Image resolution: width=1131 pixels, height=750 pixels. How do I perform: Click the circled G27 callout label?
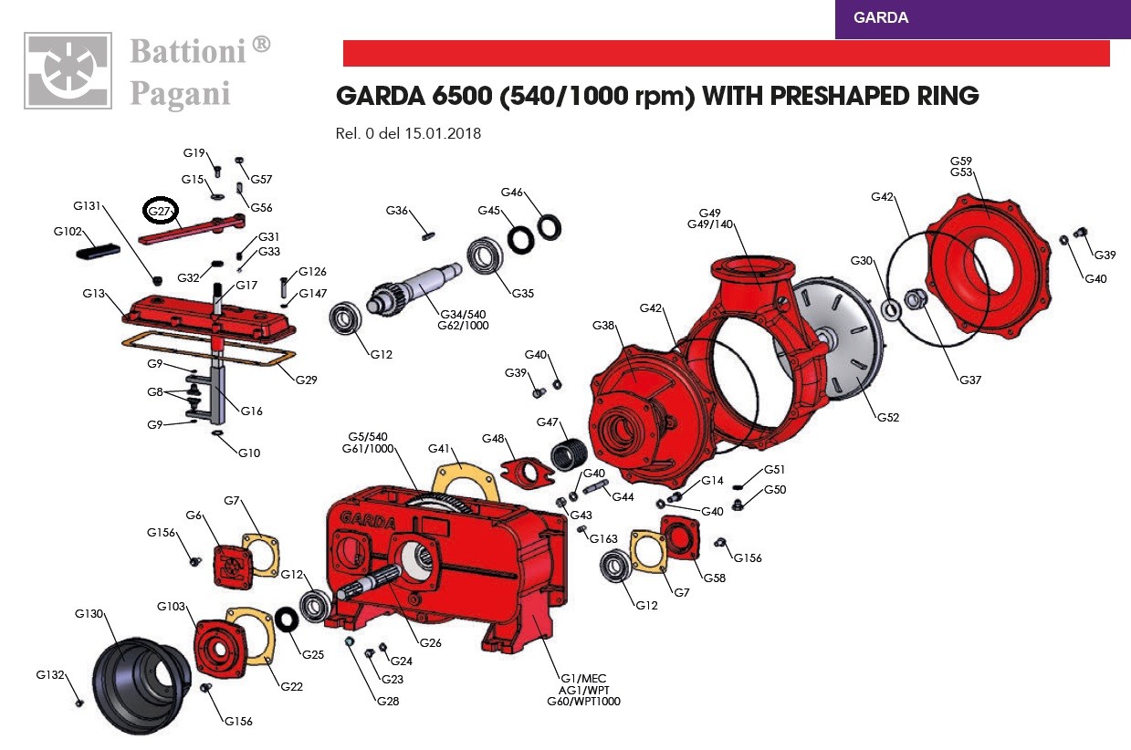pos(161,211)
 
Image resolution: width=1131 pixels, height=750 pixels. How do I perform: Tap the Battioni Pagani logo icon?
pos(68,71)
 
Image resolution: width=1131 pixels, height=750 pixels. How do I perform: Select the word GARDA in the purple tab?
pos(881,17)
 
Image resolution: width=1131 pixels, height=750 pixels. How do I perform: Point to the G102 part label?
pos(68,232)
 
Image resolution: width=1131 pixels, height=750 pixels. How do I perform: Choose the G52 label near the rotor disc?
pos(887,418)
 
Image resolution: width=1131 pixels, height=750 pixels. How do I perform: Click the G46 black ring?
pos(549,224)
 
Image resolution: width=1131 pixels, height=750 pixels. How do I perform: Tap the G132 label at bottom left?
pos(50,675)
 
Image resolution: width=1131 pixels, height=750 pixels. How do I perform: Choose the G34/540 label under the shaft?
pos(462,314)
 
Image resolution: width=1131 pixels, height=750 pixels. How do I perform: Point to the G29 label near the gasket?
pos(307,380)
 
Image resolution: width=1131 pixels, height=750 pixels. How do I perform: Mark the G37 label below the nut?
pos(969,380)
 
